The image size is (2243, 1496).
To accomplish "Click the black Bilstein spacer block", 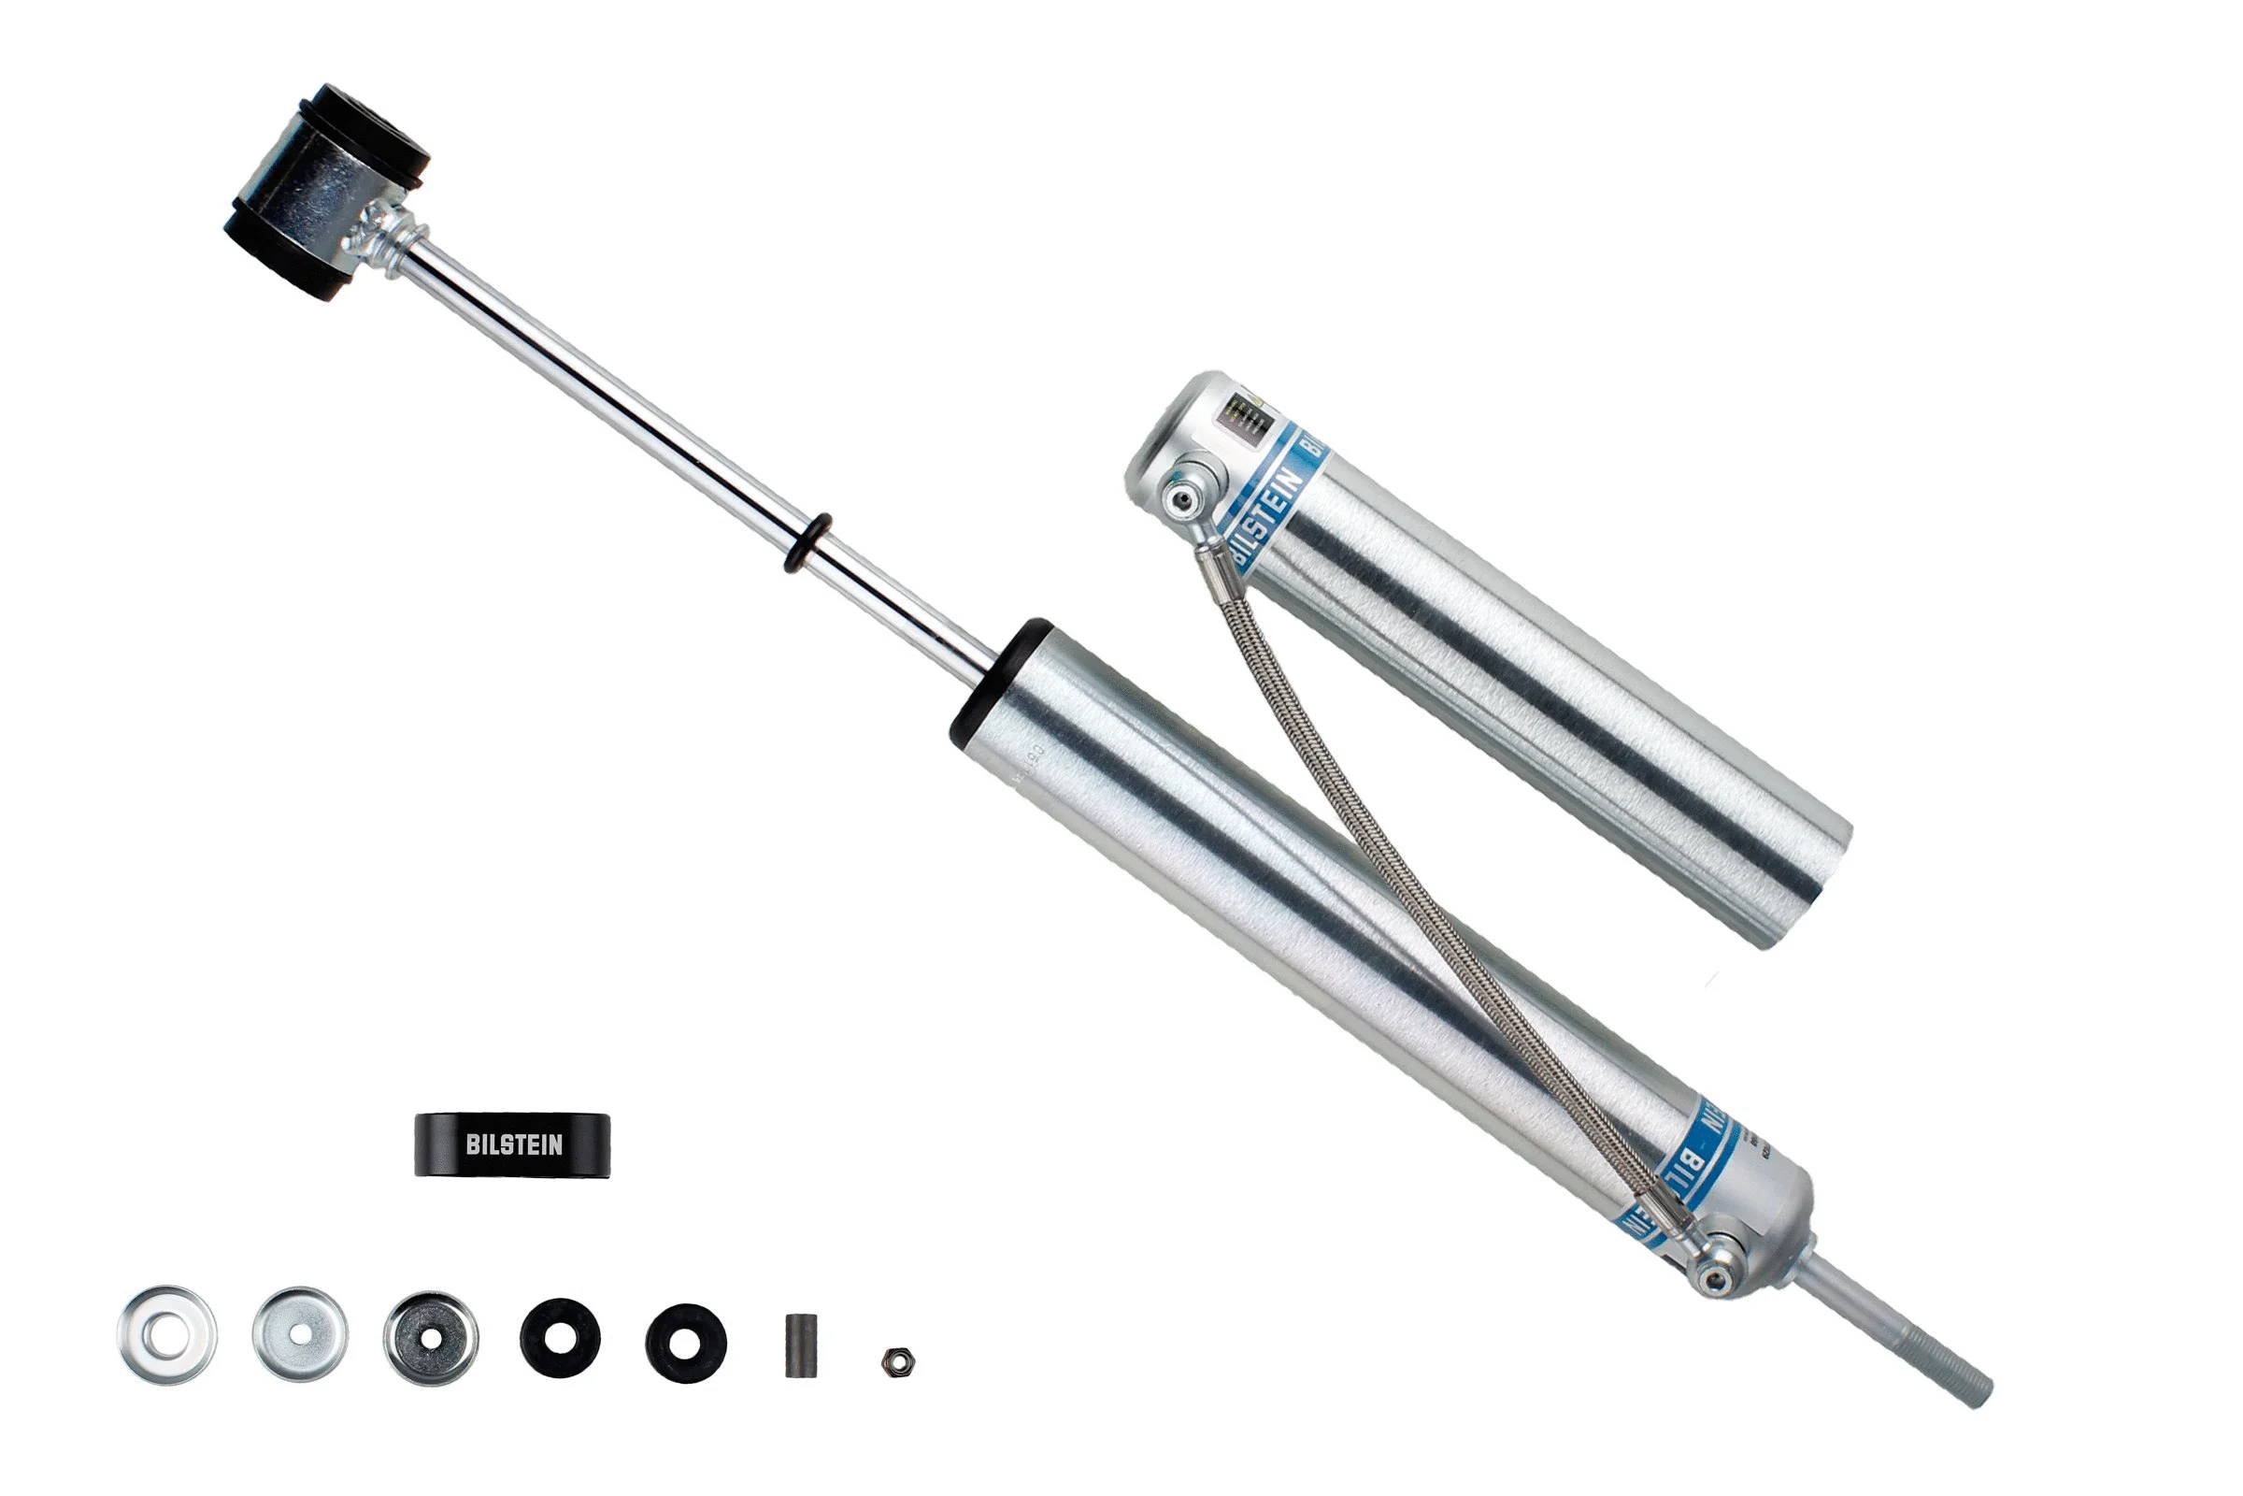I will (512, 1144).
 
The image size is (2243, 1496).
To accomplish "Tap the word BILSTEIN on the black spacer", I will (514, 1144).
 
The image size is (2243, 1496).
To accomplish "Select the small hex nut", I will (897, 1361).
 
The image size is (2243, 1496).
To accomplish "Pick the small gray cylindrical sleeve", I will (800, 1345).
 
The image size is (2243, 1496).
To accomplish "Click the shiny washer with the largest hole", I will (167, 1335).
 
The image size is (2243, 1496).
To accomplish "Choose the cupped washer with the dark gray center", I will (431, 1339).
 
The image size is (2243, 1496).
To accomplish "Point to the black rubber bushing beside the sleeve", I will (686, 1344).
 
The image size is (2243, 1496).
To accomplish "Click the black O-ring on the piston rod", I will (807, 543).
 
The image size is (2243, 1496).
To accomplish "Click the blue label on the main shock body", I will (1707, 1159).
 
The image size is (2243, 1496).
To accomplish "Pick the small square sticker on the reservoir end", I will (1245, 416).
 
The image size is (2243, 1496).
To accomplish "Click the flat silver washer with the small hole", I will (299, 1334).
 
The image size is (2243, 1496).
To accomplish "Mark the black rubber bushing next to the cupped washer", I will (560, 1338).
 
